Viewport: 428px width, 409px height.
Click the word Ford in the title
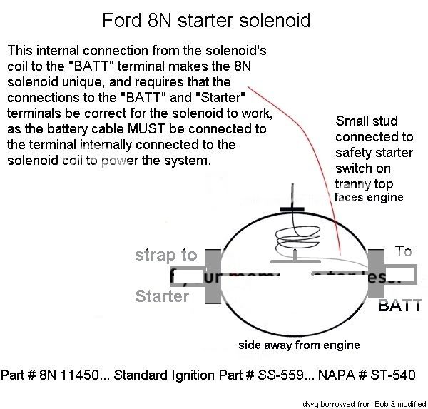[x=123, y=20]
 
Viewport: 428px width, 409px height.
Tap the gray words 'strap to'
[x=166, y=255]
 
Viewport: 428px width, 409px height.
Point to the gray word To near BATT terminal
[x=403, y=251]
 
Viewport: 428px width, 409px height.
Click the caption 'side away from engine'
[x=298, y=345]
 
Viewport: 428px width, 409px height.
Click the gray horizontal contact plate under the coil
[x=294, y=261]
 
